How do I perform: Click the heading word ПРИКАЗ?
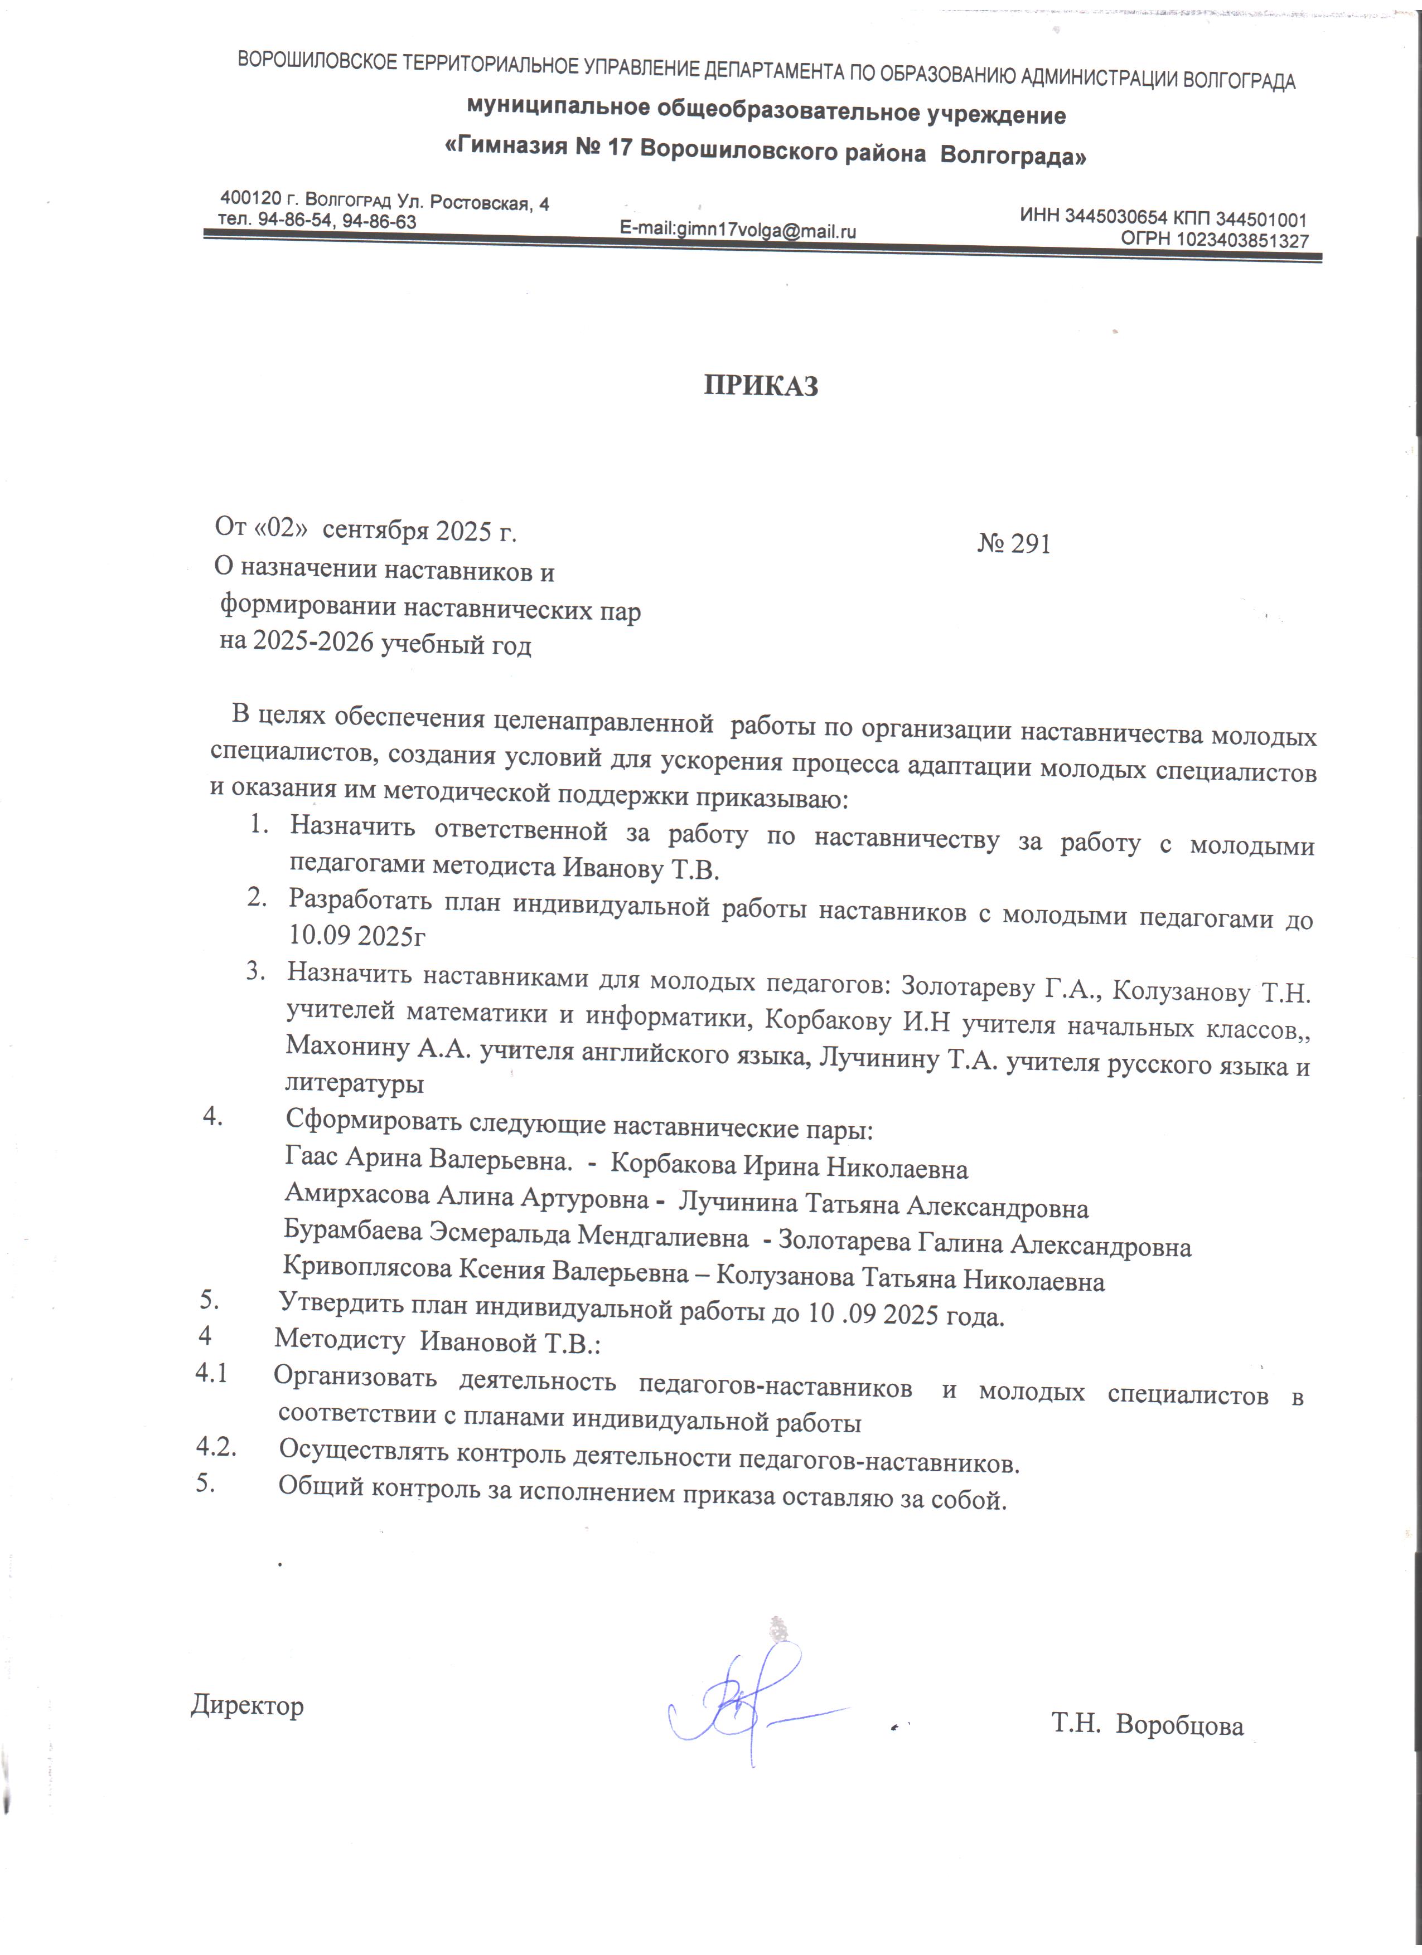761,385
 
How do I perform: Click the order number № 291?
1014,544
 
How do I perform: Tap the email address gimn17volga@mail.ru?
766,230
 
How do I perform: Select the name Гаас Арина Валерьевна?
427,1160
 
